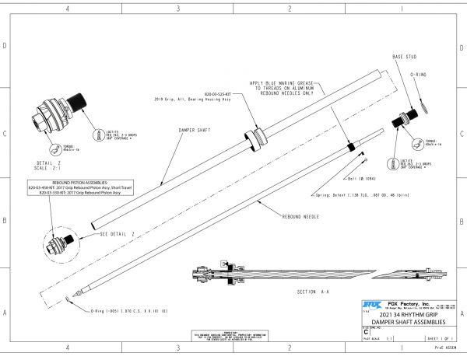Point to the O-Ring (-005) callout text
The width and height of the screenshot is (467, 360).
coord(129,311)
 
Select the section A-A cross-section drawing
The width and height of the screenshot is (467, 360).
coord(304,274)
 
